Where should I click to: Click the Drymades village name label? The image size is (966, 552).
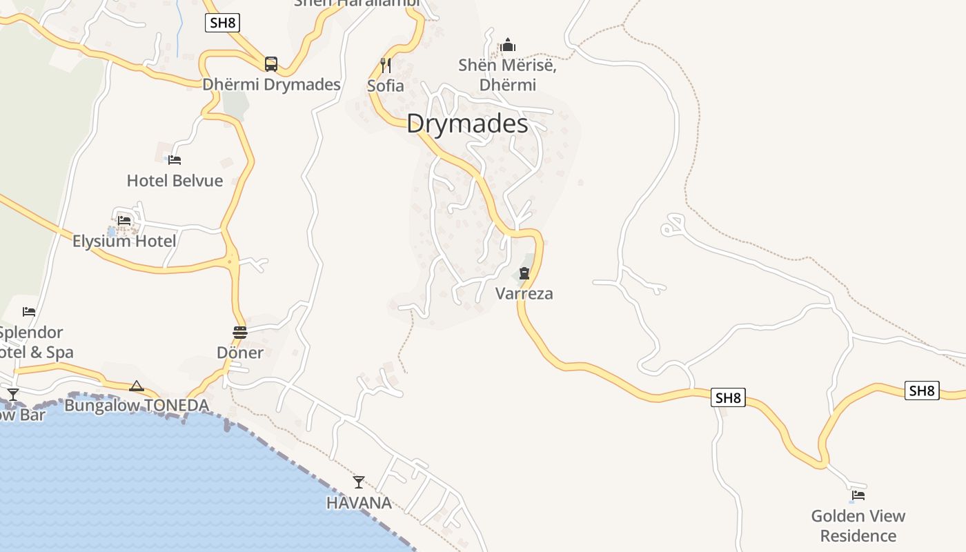(467, 124)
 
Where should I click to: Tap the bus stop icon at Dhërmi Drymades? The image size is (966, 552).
(271, 64)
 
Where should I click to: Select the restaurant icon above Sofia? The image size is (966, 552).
(386, 66)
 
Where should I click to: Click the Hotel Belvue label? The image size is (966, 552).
(175, 181)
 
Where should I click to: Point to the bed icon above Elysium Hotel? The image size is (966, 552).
(124, 220)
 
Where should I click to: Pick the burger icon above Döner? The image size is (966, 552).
(240, 333)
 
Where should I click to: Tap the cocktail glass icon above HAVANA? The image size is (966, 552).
(359, 482)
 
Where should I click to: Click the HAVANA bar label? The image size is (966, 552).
(359, 502)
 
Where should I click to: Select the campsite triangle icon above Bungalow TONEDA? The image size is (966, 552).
(137, 386)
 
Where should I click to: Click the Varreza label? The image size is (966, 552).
(524, 293)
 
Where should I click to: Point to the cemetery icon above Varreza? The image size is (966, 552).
(524, 273)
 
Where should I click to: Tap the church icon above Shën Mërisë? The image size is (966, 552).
(508, 46)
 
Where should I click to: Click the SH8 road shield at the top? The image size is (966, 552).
(222, 23)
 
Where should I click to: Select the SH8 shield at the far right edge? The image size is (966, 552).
(922, 391)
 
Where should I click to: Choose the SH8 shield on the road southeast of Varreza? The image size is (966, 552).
(728, 397)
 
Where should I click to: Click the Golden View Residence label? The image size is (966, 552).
(858, 526)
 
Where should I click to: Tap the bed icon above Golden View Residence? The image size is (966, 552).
(858, 495)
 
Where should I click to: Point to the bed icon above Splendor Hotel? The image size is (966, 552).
(29, 312)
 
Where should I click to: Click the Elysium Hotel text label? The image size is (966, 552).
(124, 241)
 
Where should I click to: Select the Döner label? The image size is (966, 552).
(240, 353)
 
